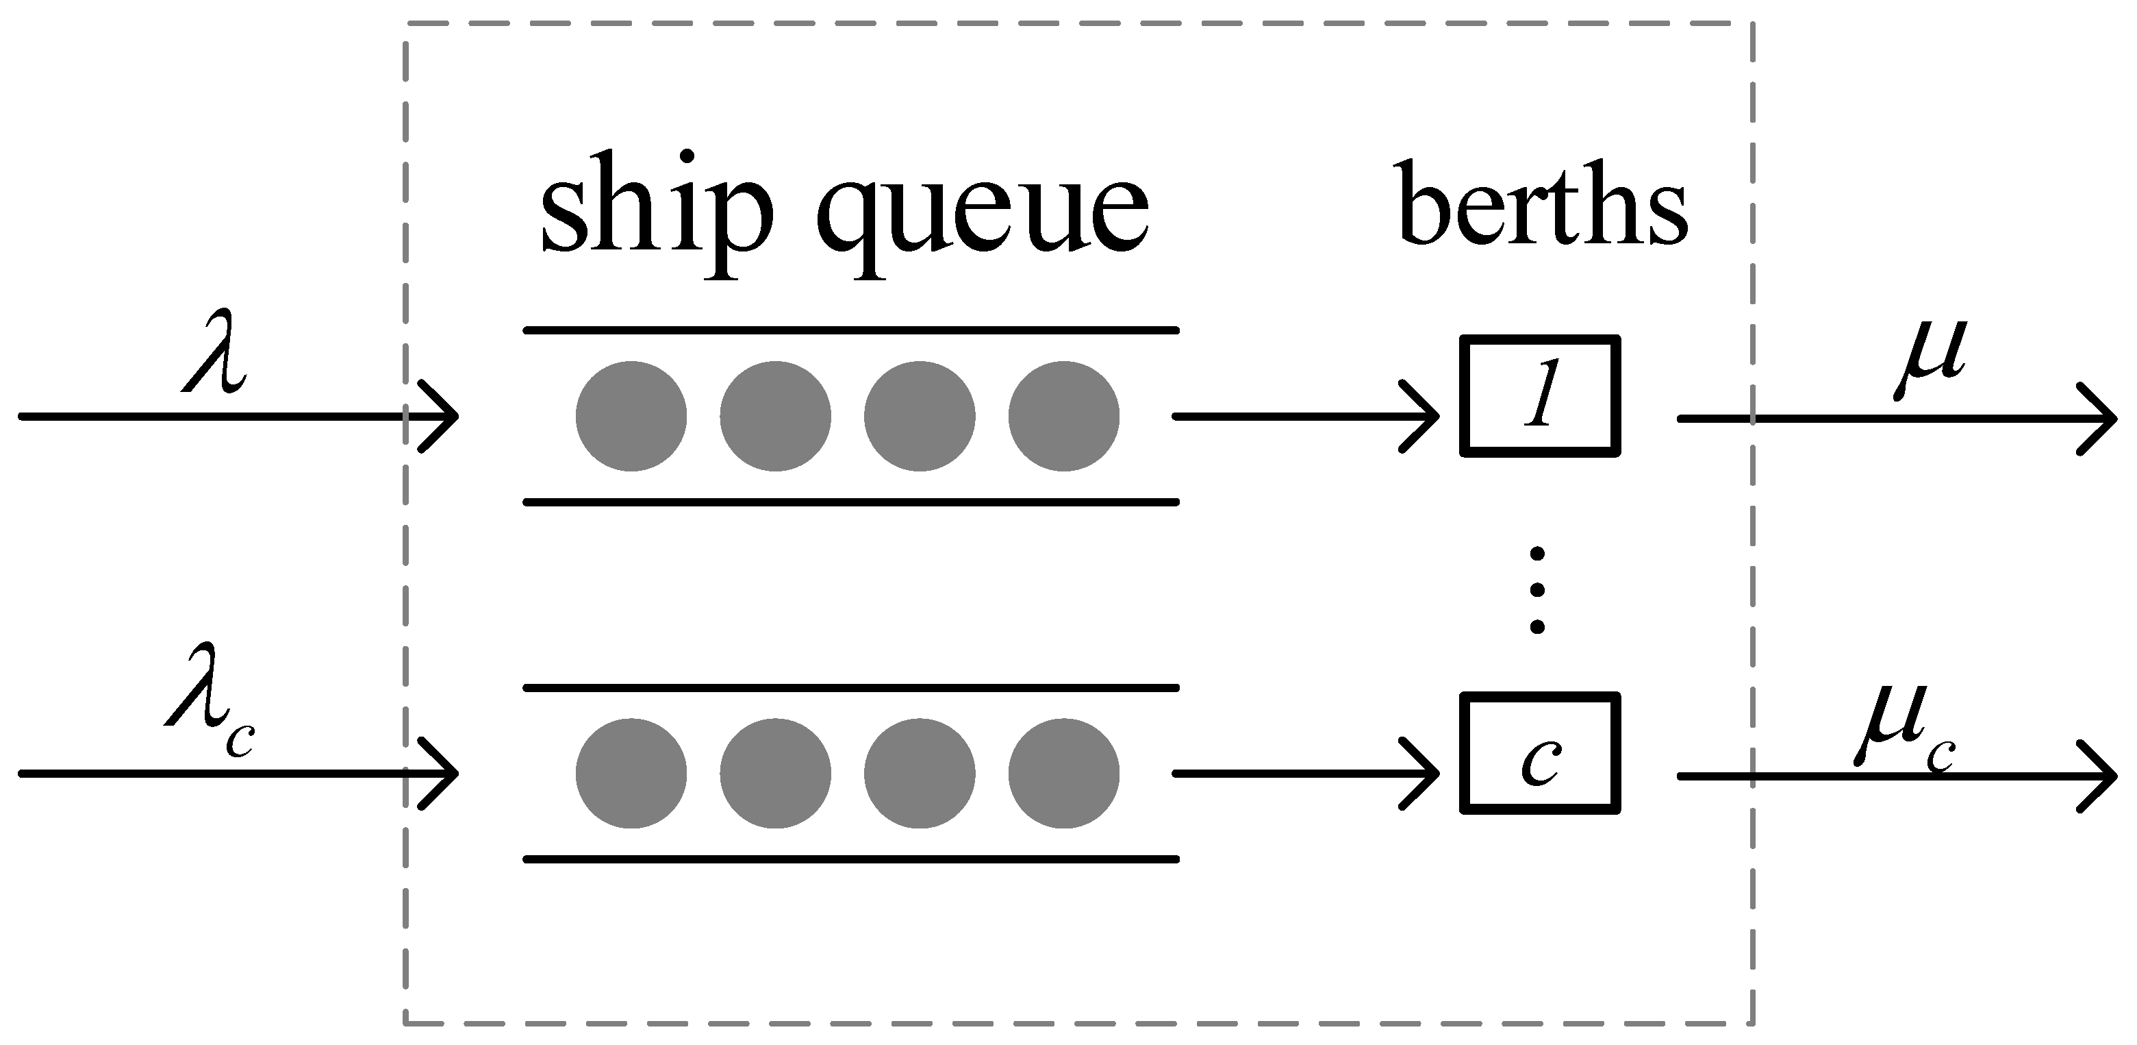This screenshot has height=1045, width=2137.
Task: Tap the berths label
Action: click(1543, 204)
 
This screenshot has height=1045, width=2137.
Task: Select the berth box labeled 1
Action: click(1540, 396)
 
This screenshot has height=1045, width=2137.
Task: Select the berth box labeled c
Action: click(1540, 753)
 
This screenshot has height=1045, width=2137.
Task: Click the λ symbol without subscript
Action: click(214, 362)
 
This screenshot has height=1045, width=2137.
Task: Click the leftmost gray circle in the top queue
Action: click(631, 416)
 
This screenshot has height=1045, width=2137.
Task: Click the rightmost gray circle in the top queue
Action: click(1063, 416)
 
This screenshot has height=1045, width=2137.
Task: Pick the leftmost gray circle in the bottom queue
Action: click(631, 774)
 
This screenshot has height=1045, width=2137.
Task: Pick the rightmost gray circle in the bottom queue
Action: click(1063, 774)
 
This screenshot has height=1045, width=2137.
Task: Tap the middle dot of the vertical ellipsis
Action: click(1537, 589)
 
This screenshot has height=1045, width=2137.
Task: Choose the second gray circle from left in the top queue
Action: click(775, 416)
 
